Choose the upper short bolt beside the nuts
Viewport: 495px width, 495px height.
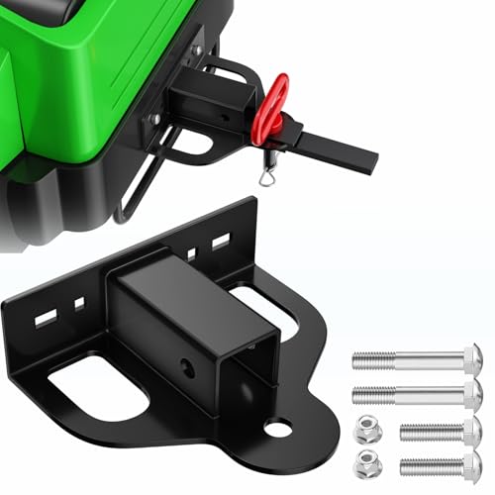[x=441, y=431]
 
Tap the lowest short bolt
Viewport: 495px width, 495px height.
[x=441, y=462]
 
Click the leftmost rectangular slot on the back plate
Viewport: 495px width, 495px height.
[x=46, y=319]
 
